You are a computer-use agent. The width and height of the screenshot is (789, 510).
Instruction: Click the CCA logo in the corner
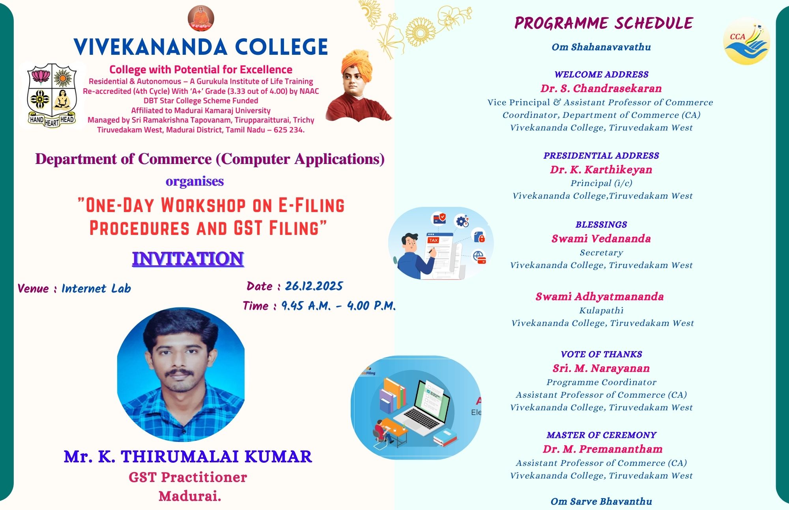click(746, 41)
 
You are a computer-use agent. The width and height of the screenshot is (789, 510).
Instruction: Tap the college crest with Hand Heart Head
click(52, 95)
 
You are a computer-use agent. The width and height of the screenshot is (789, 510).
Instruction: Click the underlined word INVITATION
click(188, 259)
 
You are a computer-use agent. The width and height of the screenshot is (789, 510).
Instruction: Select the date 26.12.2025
click(314, 286)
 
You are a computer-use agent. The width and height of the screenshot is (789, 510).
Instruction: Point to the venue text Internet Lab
click(96, 289)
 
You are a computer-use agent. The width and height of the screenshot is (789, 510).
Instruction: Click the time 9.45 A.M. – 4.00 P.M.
click(338, 306)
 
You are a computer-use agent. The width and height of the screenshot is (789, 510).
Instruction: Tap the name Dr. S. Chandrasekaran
click(601, 88)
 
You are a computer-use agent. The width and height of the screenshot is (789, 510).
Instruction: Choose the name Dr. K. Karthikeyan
click(601, 169)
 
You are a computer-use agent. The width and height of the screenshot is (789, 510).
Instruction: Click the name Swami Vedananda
click(601, 238)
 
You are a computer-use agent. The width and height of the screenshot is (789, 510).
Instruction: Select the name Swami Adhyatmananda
click(600, 296)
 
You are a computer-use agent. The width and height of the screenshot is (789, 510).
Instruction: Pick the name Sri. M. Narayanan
click(601, 368)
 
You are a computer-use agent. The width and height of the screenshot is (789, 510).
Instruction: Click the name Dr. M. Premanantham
click(602, 449)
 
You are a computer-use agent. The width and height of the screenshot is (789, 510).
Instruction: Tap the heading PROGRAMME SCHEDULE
click(604, 23)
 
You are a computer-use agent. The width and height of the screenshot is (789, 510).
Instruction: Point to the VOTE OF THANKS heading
click(601, 354)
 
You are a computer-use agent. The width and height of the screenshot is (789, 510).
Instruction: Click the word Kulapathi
click(601, 311)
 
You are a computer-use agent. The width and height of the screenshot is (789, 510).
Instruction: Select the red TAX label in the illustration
click(433, 240)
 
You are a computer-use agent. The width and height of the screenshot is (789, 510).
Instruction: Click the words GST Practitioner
click(188, 477)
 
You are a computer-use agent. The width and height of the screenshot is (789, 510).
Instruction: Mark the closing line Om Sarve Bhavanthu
click(601, 501)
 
